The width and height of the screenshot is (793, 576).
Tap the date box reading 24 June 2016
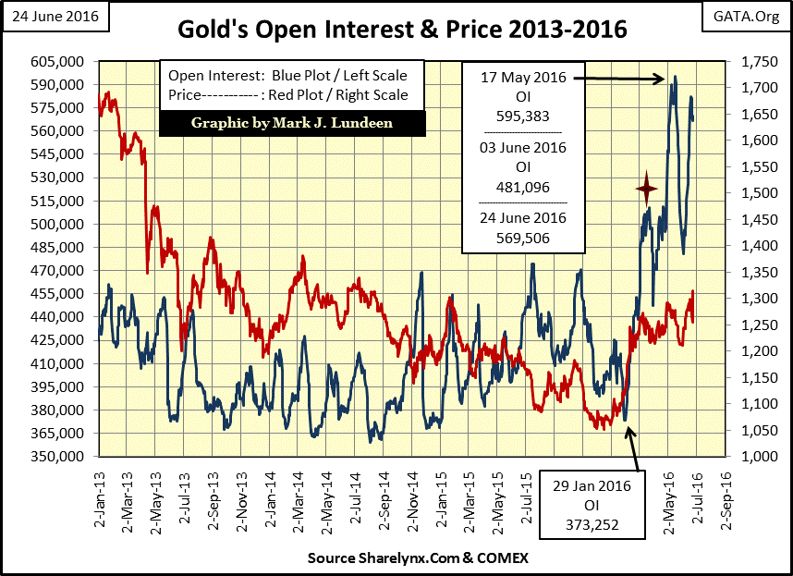point(55,17)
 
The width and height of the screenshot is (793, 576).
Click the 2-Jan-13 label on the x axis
point(101,496)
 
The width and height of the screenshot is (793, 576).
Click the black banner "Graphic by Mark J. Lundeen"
point(292,123)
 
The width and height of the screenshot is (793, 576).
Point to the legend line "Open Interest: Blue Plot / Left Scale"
point(291,75)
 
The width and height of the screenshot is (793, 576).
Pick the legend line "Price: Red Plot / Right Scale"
point(291,94)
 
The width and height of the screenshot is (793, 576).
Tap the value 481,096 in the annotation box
point(523,187)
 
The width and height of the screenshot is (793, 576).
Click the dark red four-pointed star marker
point(647,189)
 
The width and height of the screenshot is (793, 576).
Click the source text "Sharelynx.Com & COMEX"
point(400,560)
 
